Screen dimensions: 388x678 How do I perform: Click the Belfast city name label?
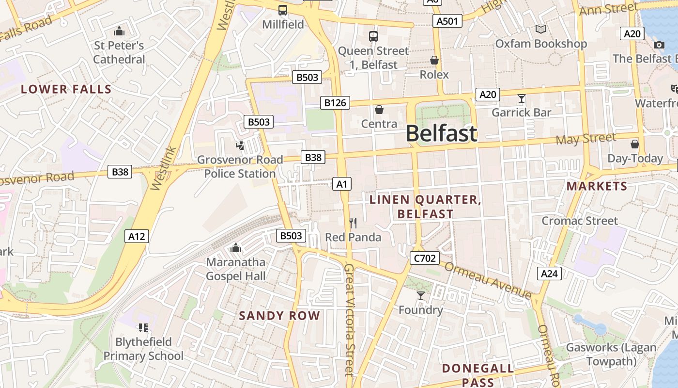[x=441, y=133]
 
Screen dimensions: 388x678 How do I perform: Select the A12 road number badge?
[x=137, y=236]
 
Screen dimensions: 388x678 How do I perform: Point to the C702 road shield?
[x=425, y=258]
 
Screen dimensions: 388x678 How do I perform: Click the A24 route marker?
[x=549, y=274]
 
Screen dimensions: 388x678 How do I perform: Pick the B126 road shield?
[x=335, y=102]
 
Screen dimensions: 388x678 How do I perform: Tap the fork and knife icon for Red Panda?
[x=353, y=223]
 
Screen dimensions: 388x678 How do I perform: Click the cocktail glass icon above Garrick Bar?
[x=521, y=98]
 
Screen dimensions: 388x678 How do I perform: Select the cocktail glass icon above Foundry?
[x=420, y=295]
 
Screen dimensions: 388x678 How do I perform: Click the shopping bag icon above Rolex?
[x=434, y=60]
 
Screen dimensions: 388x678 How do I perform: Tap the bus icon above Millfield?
[x=283, y=10]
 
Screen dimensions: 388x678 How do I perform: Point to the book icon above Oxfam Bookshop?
[x=541, y=30]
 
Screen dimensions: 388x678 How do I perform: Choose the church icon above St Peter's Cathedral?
[x=119, y=32]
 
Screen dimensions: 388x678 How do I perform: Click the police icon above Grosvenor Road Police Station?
[x=240, y=145]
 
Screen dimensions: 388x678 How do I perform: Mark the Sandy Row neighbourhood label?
[x=279, y=316]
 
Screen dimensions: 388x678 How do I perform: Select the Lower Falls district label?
[x=66, y=89]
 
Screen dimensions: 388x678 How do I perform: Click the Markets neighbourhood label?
[x=597, y=186]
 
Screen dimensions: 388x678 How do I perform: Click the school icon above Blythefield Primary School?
[x=143, y=328]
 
